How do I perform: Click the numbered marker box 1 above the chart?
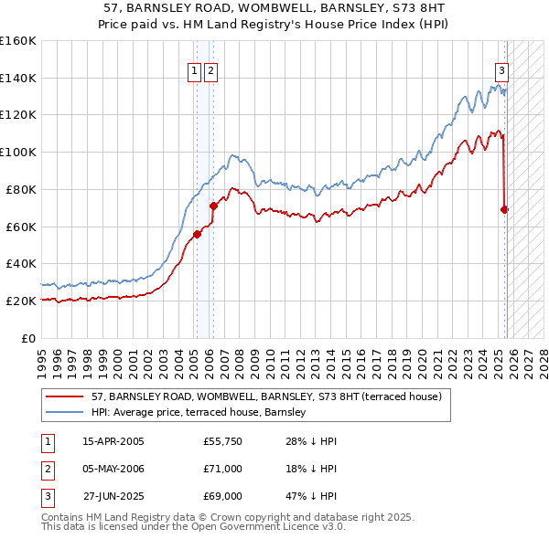click(196, 72)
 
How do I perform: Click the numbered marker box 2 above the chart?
click(211, 72)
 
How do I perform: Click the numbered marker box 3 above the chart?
click(502, 72)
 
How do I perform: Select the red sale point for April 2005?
click(197, 234)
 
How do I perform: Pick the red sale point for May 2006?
click(213, 206)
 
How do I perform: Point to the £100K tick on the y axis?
click(18, 152)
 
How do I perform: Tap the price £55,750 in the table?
click(222, 441)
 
